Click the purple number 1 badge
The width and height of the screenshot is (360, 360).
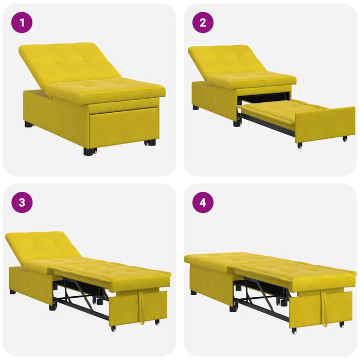pos(22,23)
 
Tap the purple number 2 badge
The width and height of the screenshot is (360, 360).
pos(203,23)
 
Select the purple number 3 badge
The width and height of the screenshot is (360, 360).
pos(22,203)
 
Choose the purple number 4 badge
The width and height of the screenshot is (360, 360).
pos(203,203)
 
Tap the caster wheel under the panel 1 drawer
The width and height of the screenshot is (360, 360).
pos(150,142)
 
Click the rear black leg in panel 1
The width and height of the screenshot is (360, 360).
pos(28,124)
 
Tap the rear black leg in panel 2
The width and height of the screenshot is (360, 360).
pos(196,107)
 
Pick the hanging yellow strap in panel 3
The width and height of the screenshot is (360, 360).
pos(140,309)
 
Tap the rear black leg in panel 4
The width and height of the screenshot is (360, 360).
pos(193,292)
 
